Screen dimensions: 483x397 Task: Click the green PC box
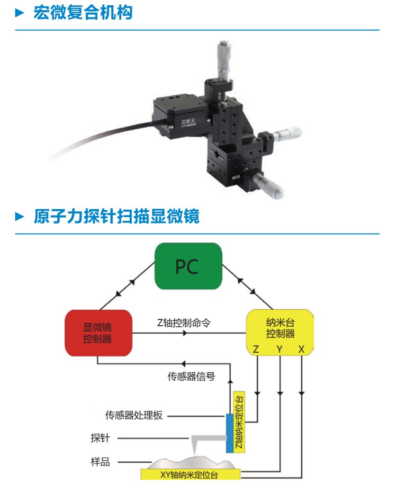coord(187,266)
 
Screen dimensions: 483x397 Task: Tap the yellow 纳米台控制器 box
coord(280,328)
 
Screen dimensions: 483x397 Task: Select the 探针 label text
coord(100,438)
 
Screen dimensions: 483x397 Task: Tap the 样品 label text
coord(100,462)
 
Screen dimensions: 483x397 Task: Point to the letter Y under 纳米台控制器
coord(279,350)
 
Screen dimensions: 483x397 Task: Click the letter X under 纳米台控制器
coord(301,350)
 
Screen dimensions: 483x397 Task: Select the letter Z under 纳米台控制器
coord(256,350)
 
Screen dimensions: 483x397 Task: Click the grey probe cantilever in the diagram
coord(209,438)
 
